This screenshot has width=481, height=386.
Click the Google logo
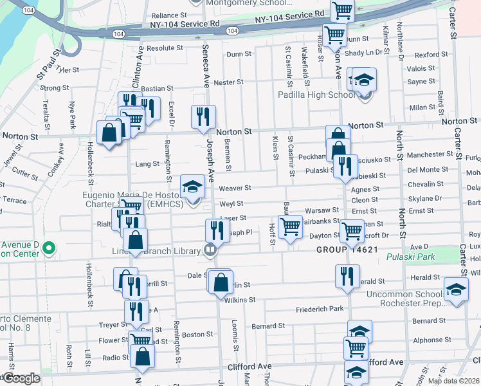pos(21,379)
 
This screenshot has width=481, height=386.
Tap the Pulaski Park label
pos(411,257)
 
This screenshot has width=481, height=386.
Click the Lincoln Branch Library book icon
pos(210,250)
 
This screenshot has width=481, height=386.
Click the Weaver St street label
pos(235,188)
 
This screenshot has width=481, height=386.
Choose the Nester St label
pos(229,82)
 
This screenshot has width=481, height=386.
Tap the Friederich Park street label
pos(320,309)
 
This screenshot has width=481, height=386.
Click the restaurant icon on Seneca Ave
pos(203,116)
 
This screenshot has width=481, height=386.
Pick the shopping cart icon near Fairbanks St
pos(291,227)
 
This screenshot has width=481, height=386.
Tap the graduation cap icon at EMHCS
pos(192,187)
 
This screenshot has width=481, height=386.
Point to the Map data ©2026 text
pos(453,381)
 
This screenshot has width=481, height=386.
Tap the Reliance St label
pos(169,15)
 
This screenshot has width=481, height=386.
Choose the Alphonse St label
pos(428,340)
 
